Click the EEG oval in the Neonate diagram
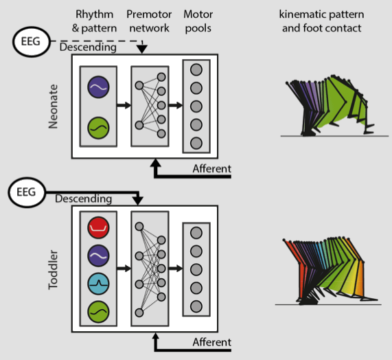(32, 42)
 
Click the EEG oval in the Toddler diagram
(27, 192)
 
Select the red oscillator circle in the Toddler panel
(98, 227)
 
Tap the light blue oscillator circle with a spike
(98, 284)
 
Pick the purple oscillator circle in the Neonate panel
(98, 87)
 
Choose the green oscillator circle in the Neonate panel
(98, 128)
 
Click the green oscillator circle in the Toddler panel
(98, 312)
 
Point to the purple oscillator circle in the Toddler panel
(98, 256)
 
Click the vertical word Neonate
(53, 106)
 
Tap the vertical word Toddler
(53, 270)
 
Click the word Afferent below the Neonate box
(212, 168)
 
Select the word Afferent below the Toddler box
(212, 342)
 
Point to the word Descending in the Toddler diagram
(84, 199)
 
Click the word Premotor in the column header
(149, 14)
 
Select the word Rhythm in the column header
(95, 14)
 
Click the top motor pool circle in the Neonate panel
(196, 69)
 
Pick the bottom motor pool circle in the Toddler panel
(196, 306)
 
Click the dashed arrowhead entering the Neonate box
(142, 49)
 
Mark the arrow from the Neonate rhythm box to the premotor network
(124, 105)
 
